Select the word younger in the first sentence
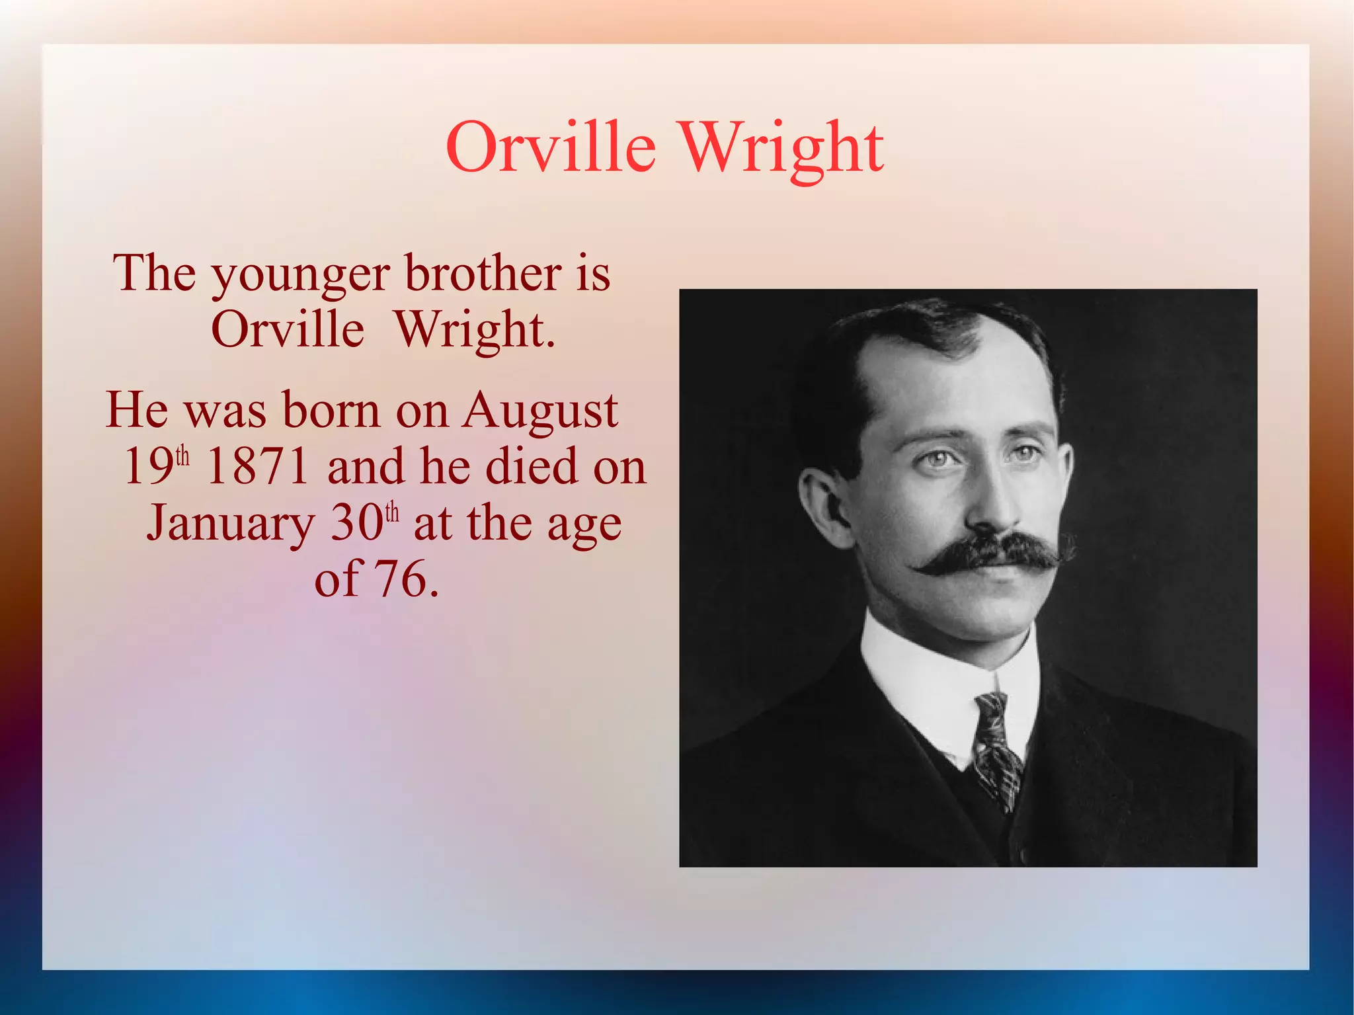click(x=300, y=274)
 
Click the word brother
click(x=483, y=272)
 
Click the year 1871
click(x=258, y=466)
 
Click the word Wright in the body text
click(x=475, y=329)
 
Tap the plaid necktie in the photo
click(x=994, y=747)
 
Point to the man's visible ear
click(x=820, y=506)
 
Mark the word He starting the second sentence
click(x=137, y=410)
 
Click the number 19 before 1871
click(x=149, y=466)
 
